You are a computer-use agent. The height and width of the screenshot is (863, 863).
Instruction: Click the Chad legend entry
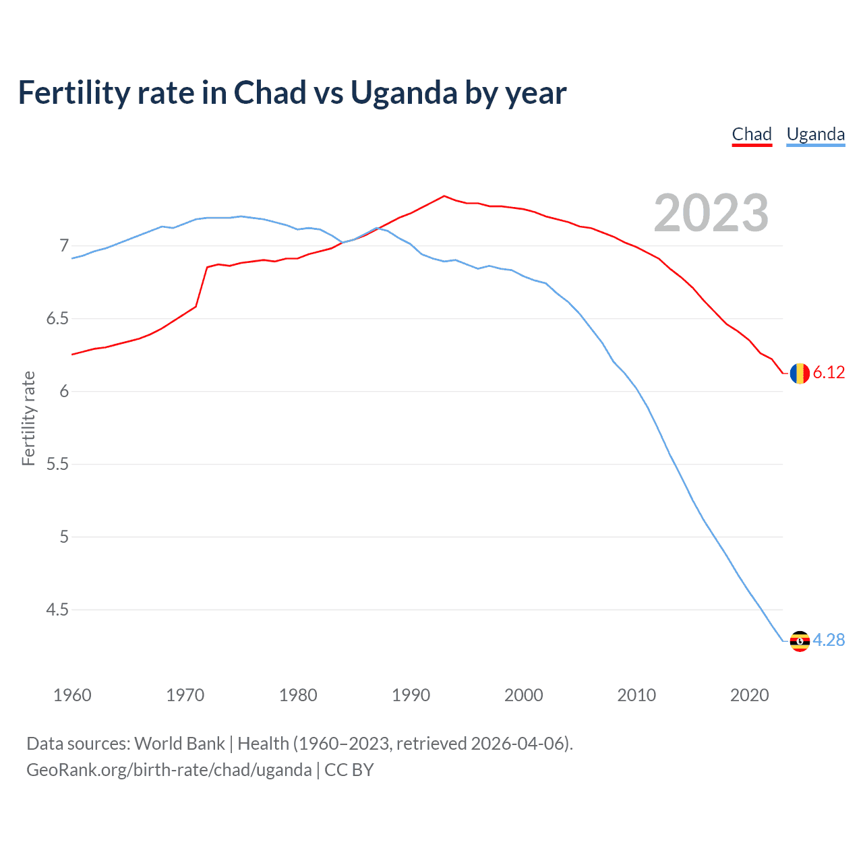click(x=752, y=134)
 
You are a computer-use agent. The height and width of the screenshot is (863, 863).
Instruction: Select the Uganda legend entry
click(x=816, y=134)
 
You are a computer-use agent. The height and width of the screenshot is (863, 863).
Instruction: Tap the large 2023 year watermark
click(x=711, y=213)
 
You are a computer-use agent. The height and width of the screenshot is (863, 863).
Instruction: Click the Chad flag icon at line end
click(x=800, y=373)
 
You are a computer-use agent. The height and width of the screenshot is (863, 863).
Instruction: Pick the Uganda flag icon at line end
click(x=800, y=641)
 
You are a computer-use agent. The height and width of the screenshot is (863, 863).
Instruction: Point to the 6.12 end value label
click(x=829, y=373)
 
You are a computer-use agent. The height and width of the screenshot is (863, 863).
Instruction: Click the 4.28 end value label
click(x=829, y=640)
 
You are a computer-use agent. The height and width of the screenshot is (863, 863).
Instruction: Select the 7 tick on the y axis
click(x=64, y=245)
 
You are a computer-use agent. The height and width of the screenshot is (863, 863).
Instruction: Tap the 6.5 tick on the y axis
click(x=57, y=318)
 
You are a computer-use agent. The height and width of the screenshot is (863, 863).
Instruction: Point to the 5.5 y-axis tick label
click(x=57, y=464)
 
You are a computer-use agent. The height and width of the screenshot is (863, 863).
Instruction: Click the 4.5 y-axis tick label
click(x=57, y=609)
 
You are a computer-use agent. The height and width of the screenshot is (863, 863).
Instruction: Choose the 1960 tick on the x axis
click(x=72, y=695)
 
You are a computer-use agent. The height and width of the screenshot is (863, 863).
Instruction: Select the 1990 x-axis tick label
click(x=411, y=695)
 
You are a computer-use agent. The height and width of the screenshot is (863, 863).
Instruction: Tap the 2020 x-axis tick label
click(x=749, y=695)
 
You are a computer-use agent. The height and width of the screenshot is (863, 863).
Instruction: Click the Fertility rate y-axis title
click(x=28, y=418)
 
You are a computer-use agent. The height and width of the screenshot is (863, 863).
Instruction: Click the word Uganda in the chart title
click(x=403, y=92)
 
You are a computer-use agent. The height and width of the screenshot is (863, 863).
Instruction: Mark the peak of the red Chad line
click(x=444, y=196)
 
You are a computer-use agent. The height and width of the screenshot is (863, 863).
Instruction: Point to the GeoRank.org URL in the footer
click(x=169, y=770)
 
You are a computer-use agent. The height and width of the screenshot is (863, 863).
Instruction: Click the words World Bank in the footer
click(x=179, y=744)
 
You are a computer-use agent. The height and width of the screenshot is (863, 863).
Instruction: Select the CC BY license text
click(x=349, y=770)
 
